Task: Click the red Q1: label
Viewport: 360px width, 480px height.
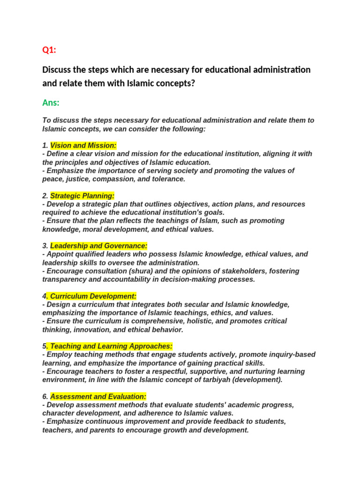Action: point(49,50)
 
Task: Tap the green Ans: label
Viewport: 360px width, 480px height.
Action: point(51,103)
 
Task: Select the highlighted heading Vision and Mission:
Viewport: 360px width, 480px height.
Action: point(83,145)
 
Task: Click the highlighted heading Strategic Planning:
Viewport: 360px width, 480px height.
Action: point(82,195)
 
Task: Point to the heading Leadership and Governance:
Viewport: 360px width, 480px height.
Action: point(98,246)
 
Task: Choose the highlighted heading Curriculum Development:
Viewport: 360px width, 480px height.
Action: point(92,296)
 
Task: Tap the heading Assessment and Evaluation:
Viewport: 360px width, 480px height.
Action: point(98,397)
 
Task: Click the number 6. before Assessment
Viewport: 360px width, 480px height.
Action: point(45,397)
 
